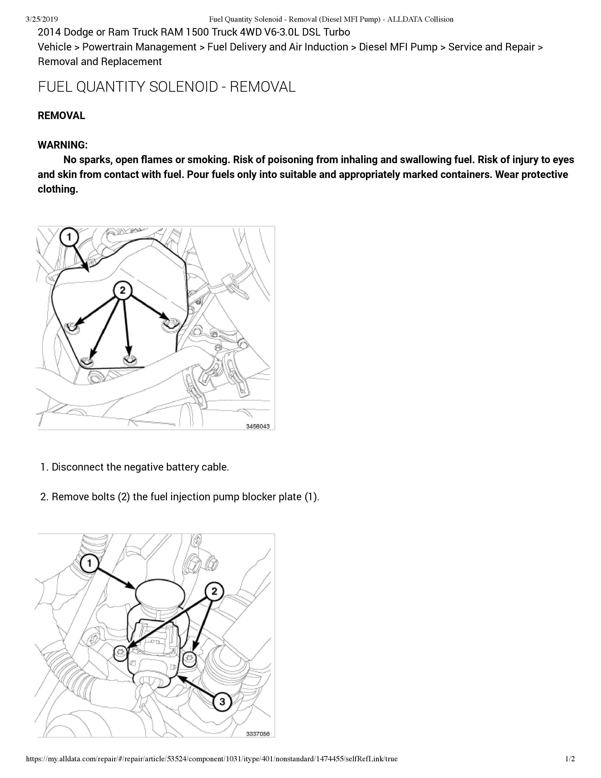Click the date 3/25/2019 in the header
[42, 19]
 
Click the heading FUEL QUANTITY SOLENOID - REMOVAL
[167, 87]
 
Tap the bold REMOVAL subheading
[61, 116]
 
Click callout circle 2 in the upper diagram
[123, 290]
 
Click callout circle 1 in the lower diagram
[89, 563]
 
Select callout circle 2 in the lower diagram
[214, 591]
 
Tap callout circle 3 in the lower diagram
[222, 702]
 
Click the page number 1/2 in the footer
[570, 759]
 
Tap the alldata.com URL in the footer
[211, 759]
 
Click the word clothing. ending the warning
[58, 189]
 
